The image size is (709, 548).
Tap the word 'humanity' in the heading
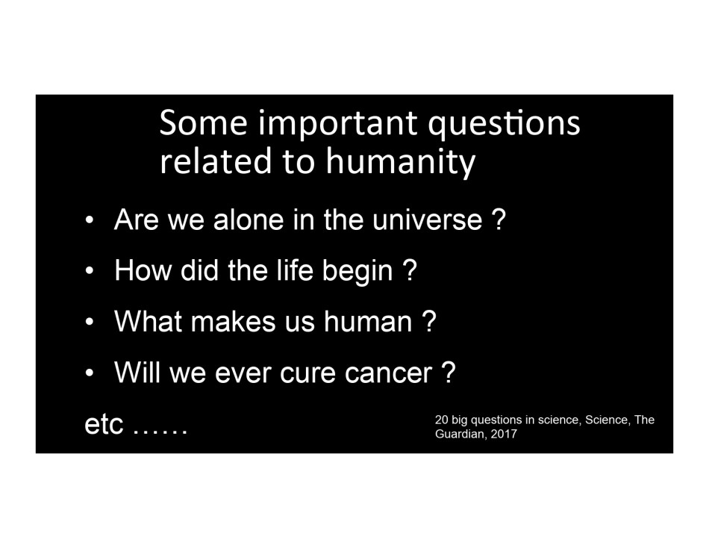coord(401,162)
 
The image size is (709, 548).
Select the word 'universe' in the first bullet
coord(428,220)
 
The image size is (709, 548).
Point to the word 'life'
coord(296,270)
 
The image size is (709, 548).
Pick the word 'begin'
coord(357,272)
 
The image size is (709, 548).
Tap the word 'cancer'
coord(388,374)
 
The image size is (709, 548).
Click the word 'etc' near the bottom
coord(104,425)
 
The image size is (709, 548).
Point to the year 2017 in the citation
coord(504,434)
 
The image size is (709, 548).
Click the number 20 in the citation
coord(441,420)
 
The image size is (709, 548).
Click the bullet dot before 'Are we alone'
coord(90,221)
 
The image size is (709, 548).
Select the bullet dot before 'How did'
coord(90,272)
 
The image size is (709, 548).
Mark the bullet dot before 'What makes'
coord(90,323)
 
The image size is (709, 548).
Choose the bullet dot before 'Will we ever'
coord(90,373)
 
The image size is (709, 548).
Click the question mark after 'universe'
coord(498,219)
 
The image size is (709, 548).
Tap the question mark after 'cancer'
coord(448,373)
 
